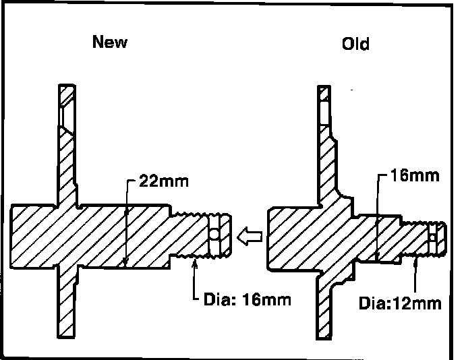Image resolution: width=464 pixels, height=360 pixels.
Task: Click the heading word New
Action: point(110,42)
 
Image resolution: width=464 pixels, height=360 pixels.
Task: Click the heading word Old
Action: point(355,44)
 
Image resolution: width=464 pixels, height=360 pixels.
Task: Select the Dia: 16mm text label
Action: point(247,299)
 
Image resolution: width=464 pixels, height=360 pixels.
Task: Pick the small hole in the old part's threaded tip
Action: point(432,235)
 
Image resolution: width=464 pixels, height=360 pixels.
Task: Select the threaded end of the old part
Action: point(422,236)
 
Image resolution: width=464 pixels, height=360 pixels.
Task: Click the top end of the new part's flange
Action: point(68,88)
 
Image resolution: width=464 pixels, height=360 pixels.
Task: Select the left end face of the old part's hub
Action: point(269,236)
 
